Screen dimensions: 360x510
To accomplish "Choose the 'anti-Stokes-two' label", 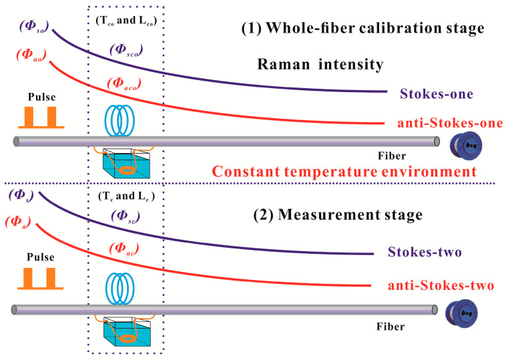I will click(441, 285).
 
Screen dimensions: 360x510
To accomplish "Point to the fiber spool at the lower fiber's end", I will click(457, 311).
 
